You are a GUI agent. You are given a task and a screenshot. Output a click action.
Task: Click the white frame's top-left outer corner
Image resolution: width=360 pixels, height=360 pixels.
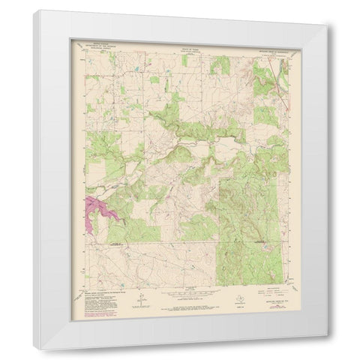(x=34, y=10)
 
